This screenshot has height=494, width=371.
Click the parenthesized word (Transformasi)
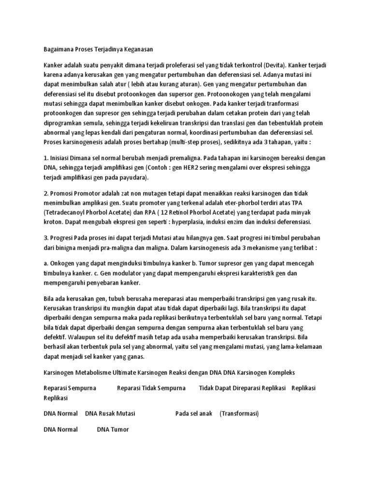(239, 413)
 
